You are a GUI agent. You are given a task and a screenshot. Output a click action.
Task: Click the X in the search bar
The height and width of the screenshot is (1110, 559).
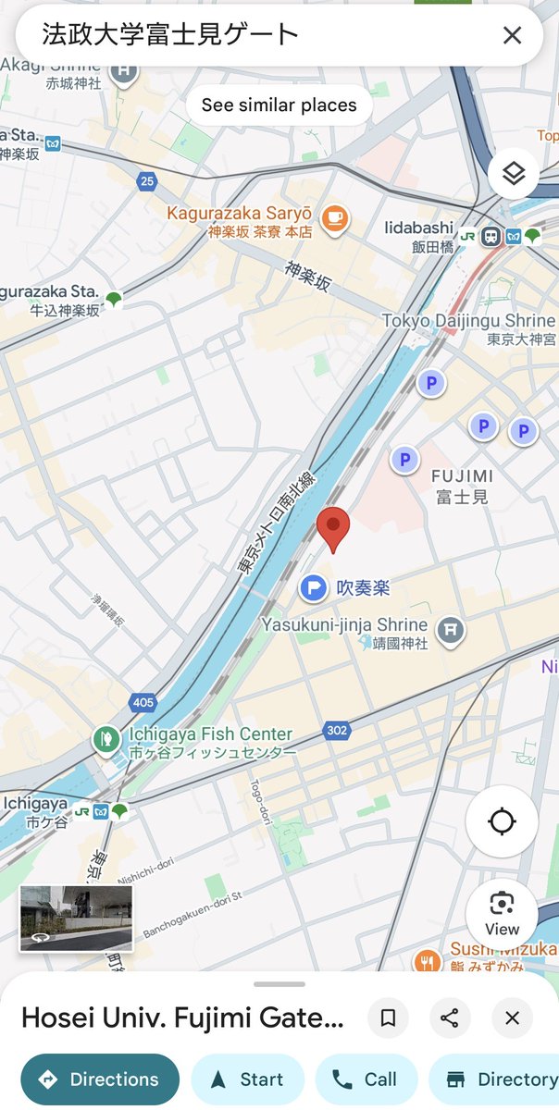tap(512, 36)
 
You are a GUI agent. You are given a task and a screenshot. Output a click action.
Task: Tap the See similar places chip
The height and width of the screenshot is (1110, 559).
tap(279, 105)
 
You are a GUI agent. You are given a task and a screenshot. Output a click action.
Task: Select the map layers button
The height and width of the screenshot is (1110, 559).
tap(514, 173)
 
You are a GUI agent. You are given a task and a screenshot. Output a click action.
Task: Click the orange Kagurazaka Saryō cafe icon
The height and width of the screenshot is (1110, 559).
tap(333, 217)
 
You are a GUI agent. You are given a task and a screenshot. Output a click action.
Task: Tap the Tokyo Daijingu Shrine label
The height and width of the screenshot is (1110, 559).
tap(469, 321)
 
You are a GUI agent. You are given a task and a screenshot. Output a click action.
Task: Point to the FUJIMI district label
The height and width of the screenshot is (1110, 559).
tap(462, 476)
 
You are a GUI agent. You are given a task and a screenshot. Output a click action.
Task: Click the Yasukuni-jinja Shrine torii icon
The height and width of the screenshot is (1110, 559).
tap(450, 629)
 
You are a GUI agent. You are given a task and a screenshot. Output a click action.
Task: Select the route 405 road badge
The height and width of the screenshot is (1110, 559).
tap(143, 703)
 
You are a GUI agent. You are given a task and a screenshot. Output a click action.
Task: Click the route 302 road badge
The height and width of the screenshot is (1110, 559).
tap(337, 731)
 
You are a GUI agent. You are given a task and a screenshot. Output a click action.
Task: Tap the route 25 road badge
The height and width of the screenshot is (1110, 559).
tap(147, 181)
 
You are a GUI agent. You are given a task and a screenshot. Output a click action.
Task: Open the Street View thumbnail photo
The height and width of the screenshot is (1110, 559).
tap(76, 918)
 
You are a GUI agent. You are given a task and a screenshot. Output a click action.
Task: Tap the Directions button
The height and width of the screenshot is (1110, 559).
tap(100, 1079)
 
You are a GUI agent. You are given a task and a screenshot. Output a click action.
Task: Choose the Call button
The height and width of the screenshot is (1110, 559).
tap(366, 1079)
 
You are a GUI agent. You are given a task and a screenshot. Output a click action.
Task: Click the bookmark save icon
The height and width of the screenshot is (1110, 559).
tap(389, 1018)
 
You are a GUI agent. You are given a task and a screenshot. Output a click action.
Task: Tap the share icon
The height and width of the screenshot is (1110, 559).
tap(450, 1018)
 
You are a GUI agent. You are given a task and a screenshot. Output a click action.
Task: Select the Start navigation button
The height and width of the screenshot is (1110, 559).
tap(248, 1079)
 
